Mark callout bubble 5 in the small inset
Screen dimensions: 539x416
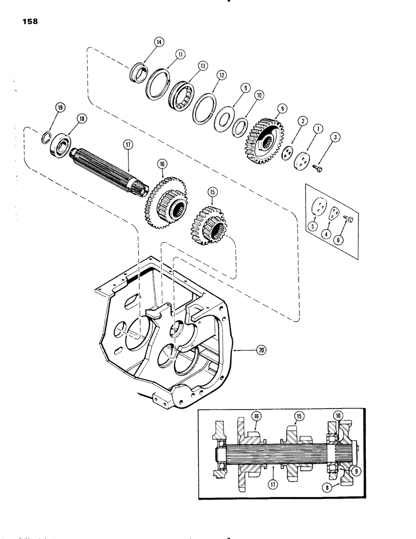click(311, 227)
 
